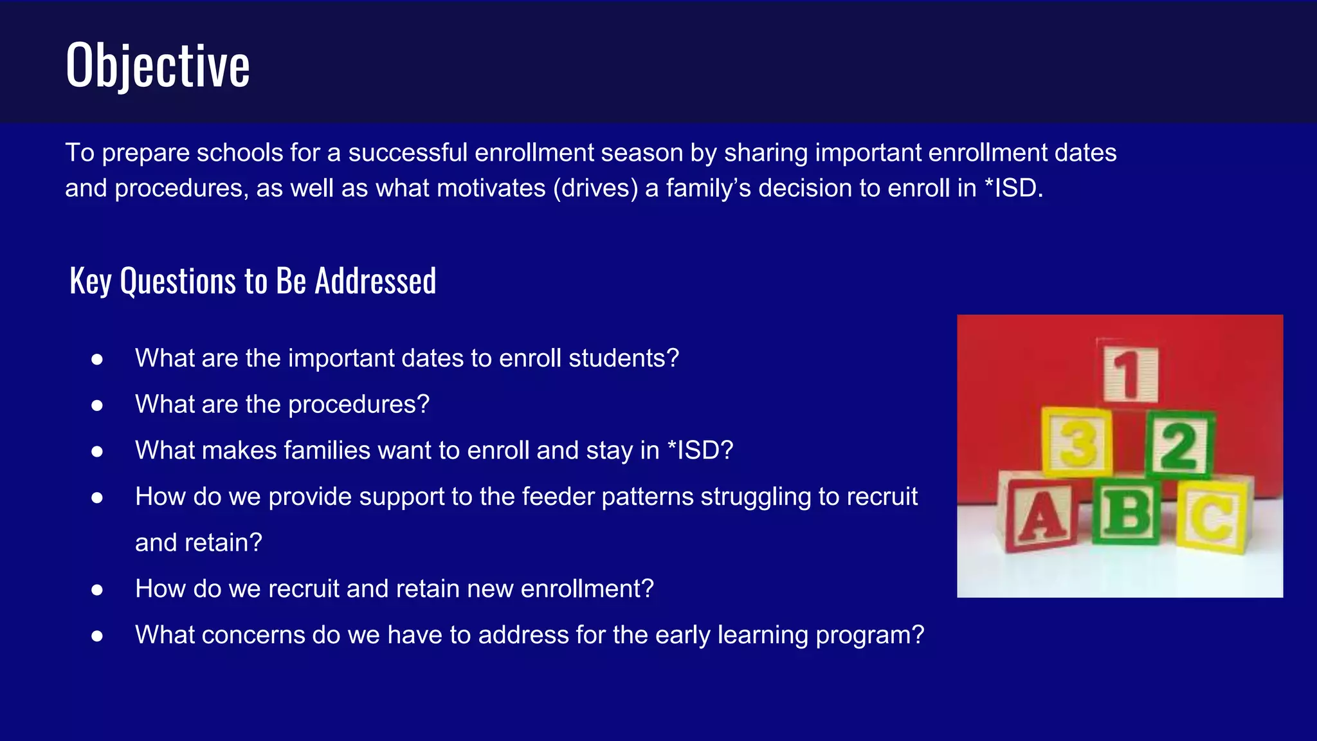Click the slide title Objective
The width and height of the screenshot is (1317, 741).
[x=158, y=65]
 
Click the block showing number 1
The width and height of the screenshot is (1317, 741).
[x=1131, y=373]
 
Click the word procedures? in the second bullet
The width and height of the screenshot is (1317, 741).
[x=358, y=405]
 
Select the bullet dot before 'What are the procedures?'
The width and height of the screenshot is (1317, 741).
[x=97, y=405]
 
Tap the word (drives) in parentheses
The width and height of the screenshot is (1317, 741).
[x=595, y=188]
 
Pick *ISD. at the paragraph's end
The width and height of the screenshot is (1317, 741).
[x=1013, y=188]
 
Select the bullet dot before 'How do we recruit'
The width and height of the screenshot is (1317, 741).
[x=97, y=590]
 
